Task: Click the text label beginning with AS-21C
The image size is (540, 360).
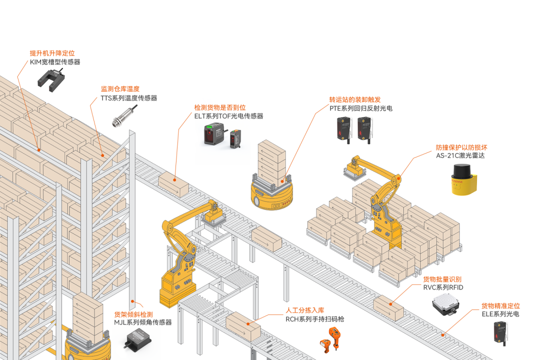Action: [x=460, y=155]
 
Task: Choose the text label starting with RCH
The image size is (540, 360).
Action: [x=314, y=318]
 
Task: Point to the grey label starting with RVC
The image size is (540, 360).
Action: [x=443, y=287]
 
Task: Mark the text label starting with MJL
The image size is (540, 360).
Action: [x=142, y=322]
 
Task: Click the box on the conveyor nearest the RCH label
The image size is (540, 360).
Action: [x=243, y=327]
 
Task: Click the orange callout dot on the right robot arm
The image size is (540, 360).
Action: [x=399, y=176]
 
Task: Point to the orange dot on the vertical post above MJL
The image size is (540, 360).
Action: [x=132, y=301]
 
